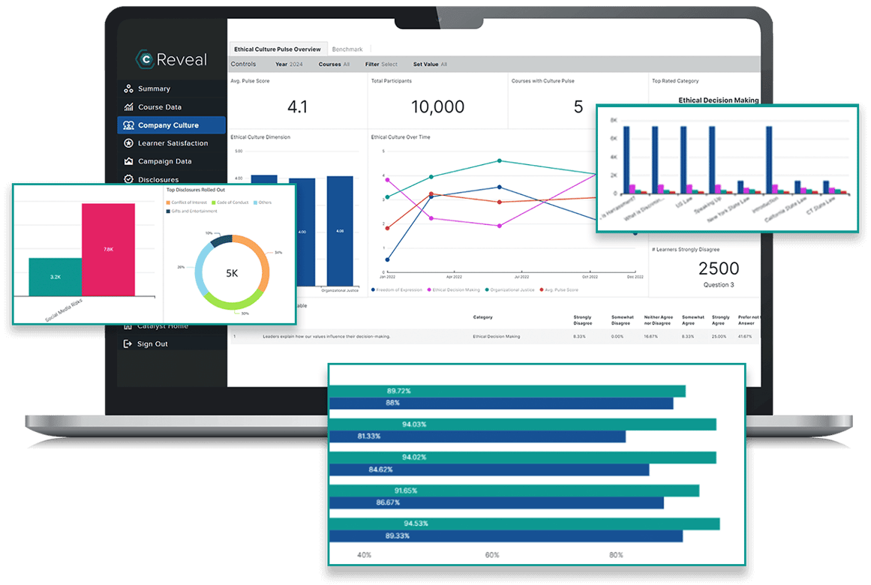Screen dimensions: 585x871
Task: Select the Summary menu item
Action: tap(154, 88)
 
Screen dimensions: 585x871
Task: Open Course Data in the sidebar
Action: tap(159, 107)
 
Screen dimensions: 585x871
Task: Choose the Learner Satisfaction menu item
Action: tap(173, 143)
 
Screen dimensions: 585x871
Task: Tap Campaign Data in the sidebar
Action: tap(164, 161)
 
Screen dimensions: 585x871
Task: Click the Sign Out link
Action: tap(152, 343)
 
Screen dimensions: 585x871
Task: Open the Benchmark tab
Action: tap(347, 49)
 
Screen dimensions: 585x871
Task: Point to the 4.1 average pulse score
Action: tap(297, 106)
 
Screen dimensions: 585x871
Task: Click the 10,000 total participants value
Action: tap(437, 106)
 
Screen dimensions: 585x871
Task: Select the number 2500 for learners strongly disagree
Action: tap(718, 268)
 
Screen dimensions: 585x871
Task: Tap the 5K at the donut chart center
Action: tap(232, 273)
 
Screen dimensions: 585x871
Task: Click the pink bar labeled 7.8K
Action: tap(108, 249)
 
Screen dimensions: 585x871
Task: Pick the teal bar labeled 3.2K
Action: tap(56, 277)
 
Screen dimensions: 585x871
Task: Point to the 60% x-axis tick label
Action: tap(492, 555)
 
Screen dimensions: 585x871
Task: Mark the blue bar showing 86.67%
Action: tap(496, 502)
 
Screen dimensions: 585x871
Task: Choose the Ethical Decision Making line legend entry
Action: tap(455, 289)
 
